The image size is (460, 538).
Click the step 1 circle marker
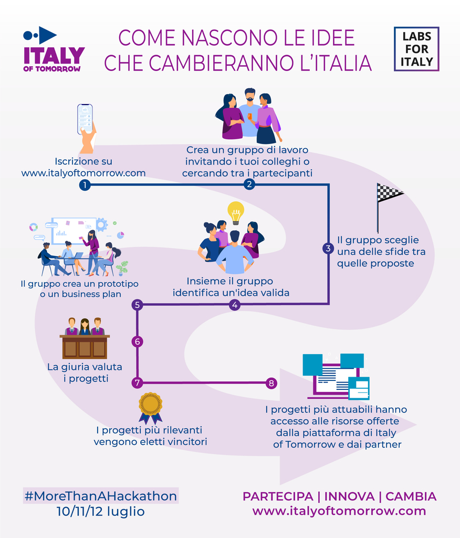point(85,185)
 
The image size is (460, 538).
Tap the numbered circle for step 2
point(249,184)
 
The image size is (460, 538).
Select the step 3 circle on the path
point(328,249)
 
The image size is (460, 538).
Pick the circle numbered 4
point(235,305)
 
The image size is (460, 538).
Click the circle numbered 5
point(137,305)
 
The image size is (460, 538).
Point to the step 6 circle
point(137,342)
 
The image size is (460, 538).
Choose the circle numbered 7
point(137,383)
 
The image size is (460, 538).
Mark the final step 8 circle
point(271,383)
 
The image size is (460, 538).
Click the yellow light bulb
point(236,213)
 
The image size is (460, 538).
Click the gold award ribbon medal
point(150,408)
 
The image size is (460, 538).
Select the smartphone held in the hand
point(85,119)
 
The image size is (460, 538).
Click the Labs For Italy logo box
point(416,49)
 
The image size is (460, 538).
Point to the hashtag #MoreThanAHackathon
point(101,496)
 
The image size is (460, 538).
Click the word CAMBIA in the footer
point(411,496)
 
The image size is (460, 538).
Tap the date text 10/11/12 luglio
point(100,511)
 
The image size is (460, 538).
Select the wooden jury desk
point(85,347)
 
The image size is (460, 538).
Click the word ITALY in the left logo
point(54,56)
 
